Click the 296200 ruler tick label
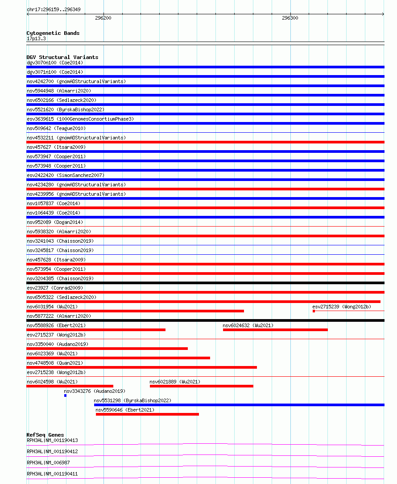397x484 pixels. [x=103, y=18]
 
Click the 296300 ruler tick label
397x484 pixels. [x=290, y=18]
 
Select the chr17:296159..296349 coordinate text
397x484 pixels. [x=54, y=9]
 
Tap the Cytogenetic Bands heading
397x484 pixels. [x=53, y=33]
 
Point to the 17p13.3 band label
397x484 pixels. [x=36, y=38]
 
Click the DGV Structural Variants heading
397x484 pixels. [x=62, y=57]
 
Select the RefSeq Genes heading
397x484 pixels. [x=45, y=435]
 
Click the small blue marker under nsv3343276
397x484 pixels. [x=65, y=396]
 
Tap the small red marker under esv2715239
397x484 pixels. [x=314, y=311]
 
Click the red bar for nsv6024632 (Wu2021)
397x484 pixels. [x=275, y=330]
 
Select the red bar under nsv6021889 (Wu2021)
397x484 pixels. [x=201, y=386]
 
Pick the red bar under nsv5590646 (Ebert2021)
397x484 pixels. [x=147, y=414]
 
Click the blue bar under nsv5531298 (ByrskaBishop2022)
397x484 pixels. [x=239, y=405]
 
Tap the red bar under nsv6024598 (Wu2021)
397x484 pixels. [x=70, y=386]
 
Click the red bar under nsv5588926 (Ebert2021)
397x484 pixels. [x=96, y=330]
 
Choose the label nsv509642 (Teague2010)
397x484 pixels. [x=56, y=128]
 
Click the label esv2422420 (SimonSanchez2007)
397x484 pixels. [x=66, y=175]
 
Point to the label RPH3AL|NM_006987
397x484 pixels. [x=48, y=463]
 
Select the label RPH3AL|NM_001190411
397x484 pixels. [x=52, y=474]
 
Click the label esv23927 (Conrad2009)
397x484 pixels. [x=55, y=288]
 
